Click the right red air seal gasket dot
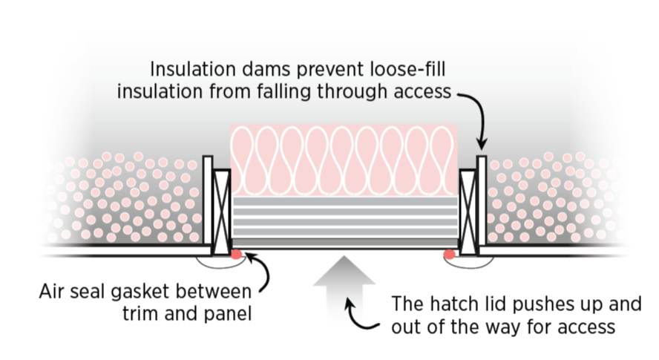[x=449, y=255]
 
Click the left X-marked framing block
[x=222, y=211]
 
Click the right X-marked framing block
[x=468, y=211]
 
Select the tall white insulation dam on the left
[x=208, y=200]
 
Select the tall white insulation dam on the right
[x=482, y=200]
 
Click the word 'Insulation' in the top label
[x=193, y=70]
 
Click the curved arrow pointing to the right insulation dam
[x=475, y=115]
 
